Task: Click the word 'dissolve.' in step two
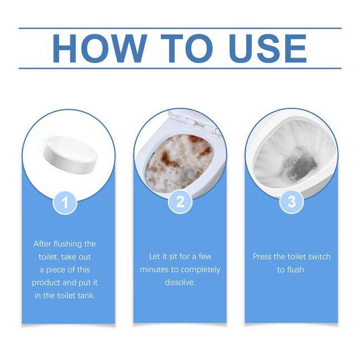tap(180, 282)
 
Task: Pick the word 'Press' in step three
tap(263, 257)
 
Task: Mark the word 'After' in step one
tap(44, 244)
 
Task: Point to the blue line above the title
tap(180, 28)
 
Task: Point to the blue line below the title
tap(180, 69)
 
